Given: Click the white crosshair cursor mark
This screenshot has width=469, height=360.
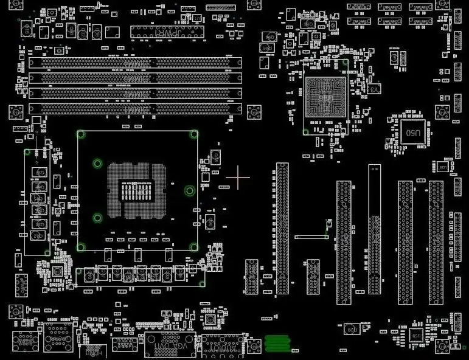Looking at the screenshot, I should click(x=238, y=178).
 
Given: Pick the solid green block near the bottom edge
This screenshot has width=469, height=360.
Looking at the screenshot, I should click(x=279, y=344).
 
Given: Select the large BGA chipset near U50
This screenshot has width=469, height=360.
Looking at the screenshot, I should click(x=326, y=97).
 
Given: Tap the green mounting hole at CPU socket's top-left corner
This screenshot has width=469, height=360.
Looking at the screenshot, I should click(x=80, y=134).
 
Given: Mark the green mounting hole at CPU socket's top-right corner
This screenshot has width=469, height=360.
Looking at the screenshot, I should click(x=193, y=134).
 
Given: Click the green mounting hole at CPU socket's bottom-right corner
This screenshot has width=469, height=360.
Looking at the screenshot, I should click(x=193, y=247).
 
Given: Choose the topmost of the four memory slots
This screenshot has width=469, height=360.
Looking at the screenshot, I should click(x=135, y=63).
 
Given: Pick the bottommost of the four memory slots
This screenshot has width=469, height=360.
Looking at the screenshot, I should click(x=135, y=108).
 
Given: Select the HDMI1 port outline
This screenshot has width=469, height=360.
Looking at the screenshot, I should click(x=93, y=351).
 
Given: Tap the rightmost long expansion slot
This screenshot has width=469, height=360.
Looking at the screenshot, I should click(x=436, y=242).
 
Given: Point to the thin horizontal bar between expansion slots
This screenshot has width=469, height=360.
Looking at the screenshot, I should click(x=311, y=237).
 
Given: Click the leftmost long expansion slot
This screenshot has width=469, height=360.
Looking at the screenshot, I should click(x=282, y=228).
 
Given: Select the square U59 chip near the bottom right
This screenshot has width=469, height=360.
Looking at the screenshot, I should click(x=416, y=336).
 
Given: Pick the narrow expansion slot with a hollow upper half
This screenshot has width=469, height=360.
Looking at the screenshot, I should click(x=374, y=229).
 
